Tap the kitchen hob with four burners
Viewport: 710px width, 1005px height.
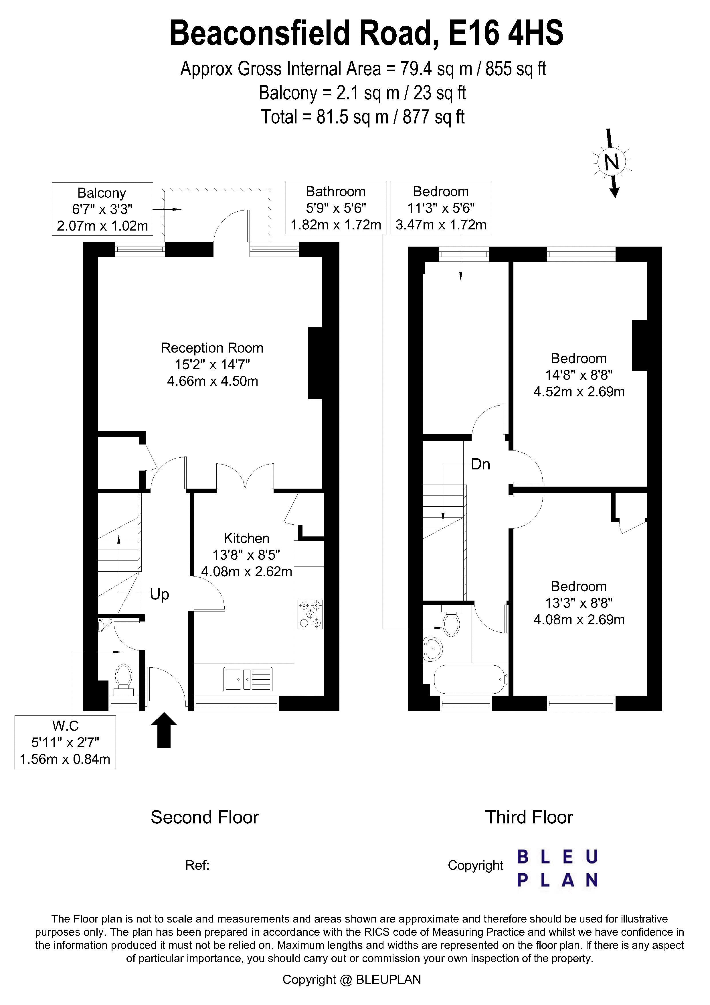pyautogui.click(x=310, y=614)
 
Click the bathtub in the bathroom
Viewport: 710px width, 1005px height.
pyautogui.click(x=469, y=679)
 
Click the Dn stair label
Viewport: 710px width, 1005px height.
pyautogui.click(x=480, y=465)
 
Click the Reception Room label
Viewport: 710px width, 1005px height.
pyautogui.click(x=212, y=348)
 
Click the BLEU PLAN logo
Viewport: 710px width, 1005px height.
pyautogui.click(x=557, y=868)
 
